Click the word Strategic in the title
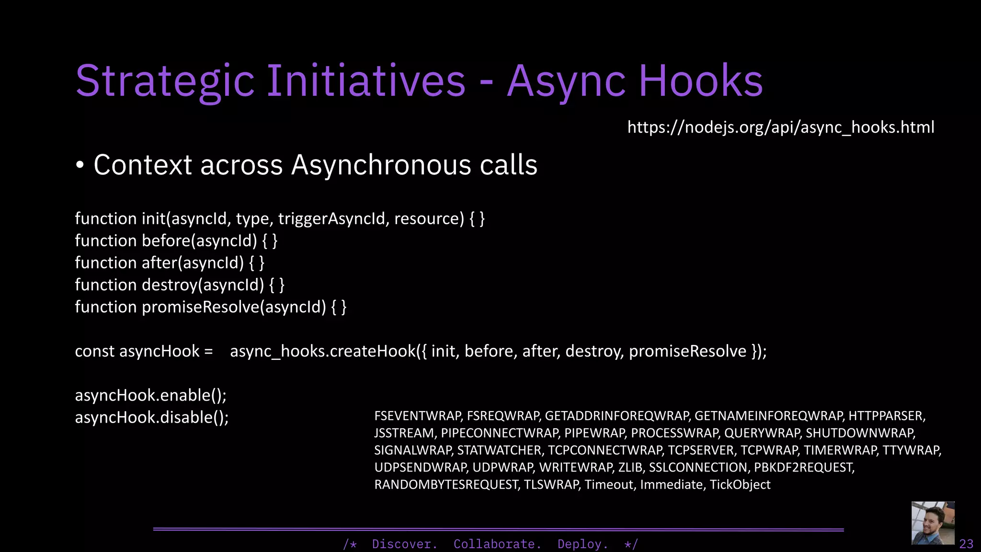click(x=165, y=81)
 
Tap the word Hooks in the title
click(x=700, y=81)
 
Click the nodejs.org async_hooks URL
click(x=780, y=127)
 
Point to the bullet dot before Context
click(x=80, y=166)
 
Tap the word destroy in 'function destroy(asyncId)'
click(x=170, y=285)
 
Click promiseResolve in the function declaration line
click(x=201, y=307)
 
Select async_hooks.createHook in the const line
click(x=322, y=351)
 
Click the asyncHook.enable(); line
click(x=150, y=396)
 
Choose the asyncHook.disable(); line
click(x=151, y=418)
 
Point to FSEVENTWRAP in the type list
click(x=418, y=416)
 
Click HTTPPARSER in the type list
click(x=886, y=416)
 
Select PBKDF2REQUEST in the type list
click(x=804, y=468)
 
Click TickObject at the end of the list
click(x=740, y=485)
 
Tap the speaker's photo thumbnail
click(x=933, y=523)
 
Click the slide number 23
click(x=966, y=544)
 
